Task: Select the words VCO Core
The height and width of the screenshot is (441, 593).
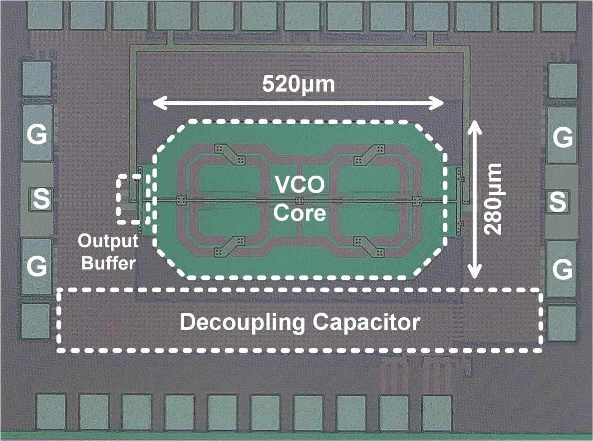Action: click(299, 200)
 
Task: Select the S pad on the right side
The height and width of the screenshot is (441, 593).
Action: click(559, 201)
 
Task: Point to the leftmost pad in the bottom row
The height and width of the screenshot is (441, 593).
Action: click(51, 412)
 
